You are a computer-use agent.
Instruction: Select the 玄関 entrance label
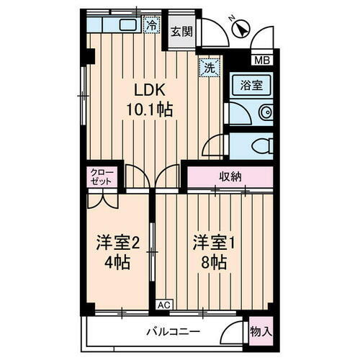point(181,31)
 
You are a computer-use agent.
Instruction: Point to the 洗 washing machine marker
point(208,69)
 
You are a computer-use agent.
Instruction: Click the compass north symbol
point(242,30)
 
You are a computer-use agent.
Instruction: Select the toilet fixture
point(259,145)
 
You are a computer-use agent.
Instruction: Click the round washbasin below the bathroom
point(265,112)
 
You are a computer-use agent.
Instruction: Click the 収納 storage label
point(230,176)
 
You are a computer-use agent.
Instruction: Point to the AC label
point(164,305)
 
